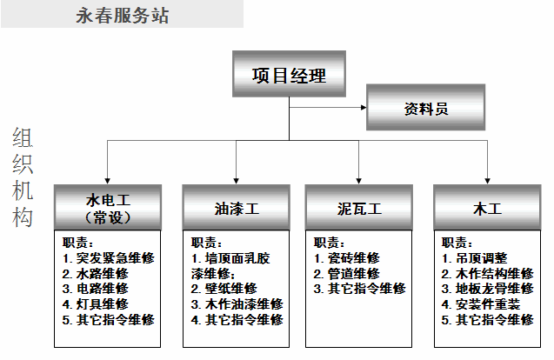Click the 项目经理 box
tap(289, 74)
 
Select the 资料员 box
tap(426, 108)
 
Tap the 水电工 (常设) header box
tap(108, 207)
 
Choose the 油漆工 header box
tap(237, 207)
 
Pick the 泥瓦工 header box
tap(359, 207)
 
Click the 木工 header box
tap(488, 207)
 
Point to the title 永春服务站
tap(123, 16)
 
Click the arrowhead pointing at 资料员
tap(364, 108)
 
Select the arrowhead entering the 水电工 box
tap(108, 181)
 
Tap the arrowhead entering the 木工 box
tap(488, 181)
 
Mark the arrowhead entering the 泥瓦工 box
tap(359, 181)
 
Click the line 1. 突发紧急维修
tap(109, 258)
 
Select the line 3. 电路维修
tap(96, 289)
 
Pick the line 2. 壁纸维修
tap(224, 289)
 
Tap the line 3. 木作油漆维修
tap(237, 304)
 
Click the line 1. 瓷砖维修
tap(347, 258)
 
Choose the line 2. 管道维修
tap(347, 274)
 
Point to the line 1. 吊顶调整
tap(475, 258)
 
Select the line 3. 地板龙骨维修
tap(488, 289)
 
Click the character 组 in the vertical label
tap(23, 137)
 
